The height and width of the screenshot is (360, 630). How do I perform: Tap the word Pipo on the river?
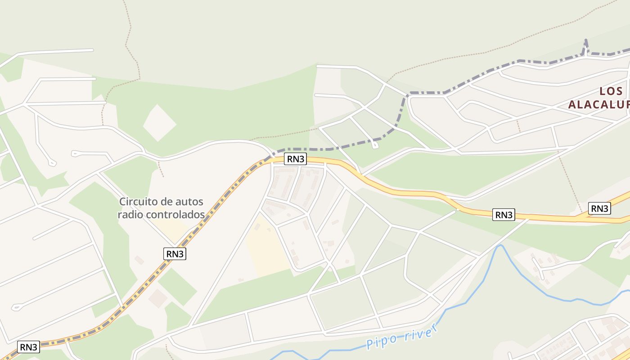[381, 341]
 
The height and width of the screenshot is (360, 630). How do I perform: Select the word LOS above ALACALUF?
[612, 91]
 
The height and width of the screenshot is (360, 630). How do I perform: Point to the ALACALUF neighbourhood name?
[598, 105]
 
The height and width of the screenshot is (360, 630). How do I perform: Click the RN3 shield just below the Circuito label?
[175, 254]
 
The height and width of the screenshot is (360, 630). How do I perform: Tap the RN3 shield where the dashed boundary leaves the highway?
[295, 159]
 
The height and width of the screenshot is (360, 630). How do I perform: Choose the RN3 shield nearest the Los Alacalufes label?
[599, 208]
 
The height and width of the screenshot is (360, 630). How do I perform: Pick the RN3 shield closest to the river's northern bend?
[504, 215]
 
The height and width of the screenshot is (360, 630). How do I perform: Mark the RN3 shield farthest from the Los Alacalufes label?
[29, 347]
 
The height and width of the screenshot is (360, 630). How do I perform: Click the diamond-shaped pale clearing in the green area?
[159, 122]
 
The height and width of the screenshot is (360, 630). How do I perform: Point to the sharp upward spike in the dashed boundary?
[586, 45]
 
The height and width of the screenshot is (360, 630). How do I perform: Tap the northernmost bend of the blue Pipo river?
[499, 246]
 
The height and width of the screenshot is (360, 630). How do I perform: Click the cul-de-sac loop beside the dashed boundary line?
[375, 145]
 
